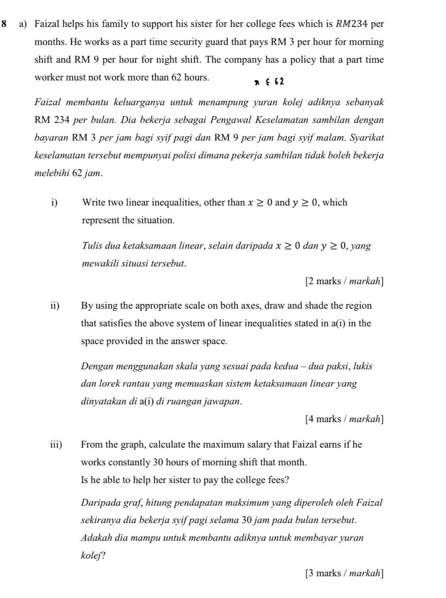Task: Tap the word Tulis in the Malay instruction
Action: [x=92, y=246]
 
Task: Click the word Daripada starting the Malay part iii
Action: [x=98, y=503]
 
